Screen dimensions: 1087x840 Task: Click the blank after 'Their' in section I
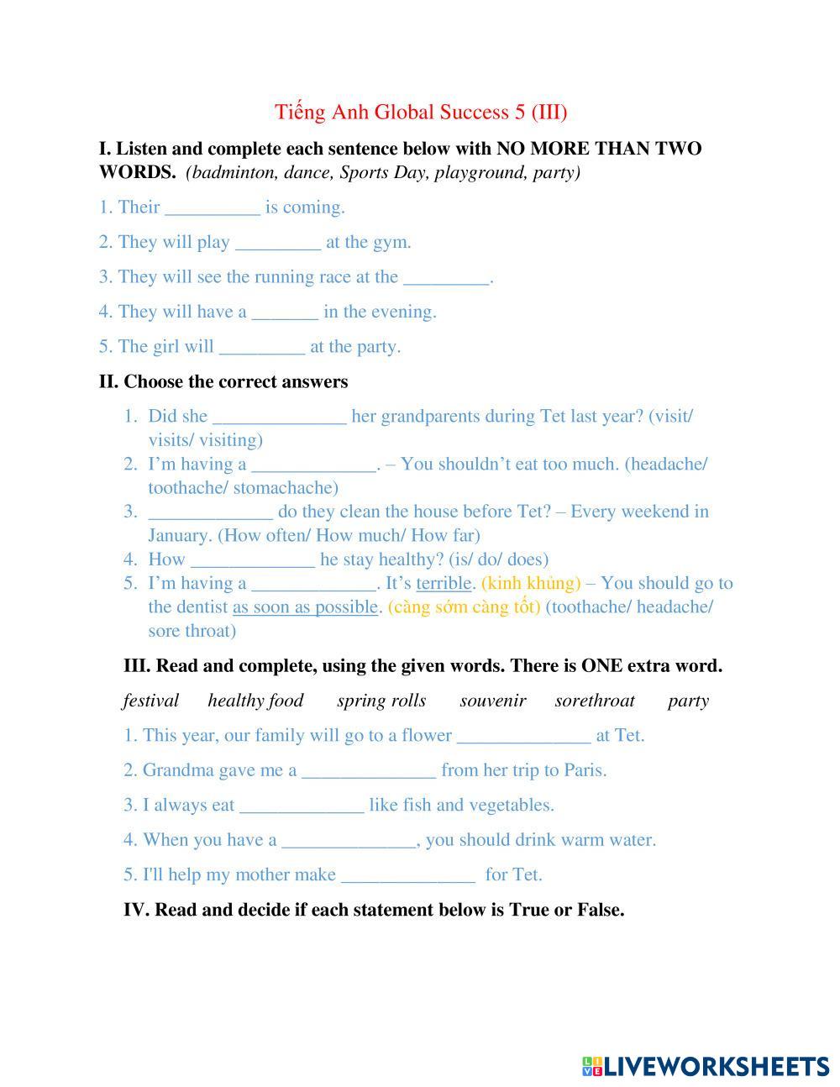coord(213,208)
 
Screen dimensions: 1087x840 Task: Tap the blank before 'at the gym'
coord(278,244)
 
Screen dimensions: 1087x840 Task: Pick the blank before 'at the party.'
coord(261,348)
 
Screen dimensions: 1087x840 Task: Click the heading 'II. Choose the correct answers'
coord(223,382)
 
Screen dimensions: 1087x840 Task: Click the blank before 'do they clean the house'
coord(210,512)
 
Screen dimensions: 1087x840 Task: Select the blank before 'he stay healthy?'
coord(253,560)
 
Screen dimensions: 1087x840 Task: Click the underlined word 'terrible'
coord(444,583)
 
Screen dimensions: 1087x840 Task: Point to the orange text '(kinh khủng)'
coord(531,583)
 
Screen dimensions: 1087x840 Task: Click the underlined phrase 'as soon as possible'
coord(305,607)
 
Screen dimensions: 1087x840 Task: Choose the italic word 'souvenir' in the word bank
coord(493,701)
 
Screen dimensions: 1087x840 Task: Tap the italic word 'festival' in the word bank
coord(151,701)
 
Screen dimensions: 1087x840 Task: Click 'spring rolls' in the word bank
coord(381,701)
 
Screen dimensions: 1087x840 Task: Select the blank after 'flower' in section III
coord(523,737)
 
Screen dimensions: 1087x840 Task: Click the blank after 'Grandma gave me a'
coord(369,771)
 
